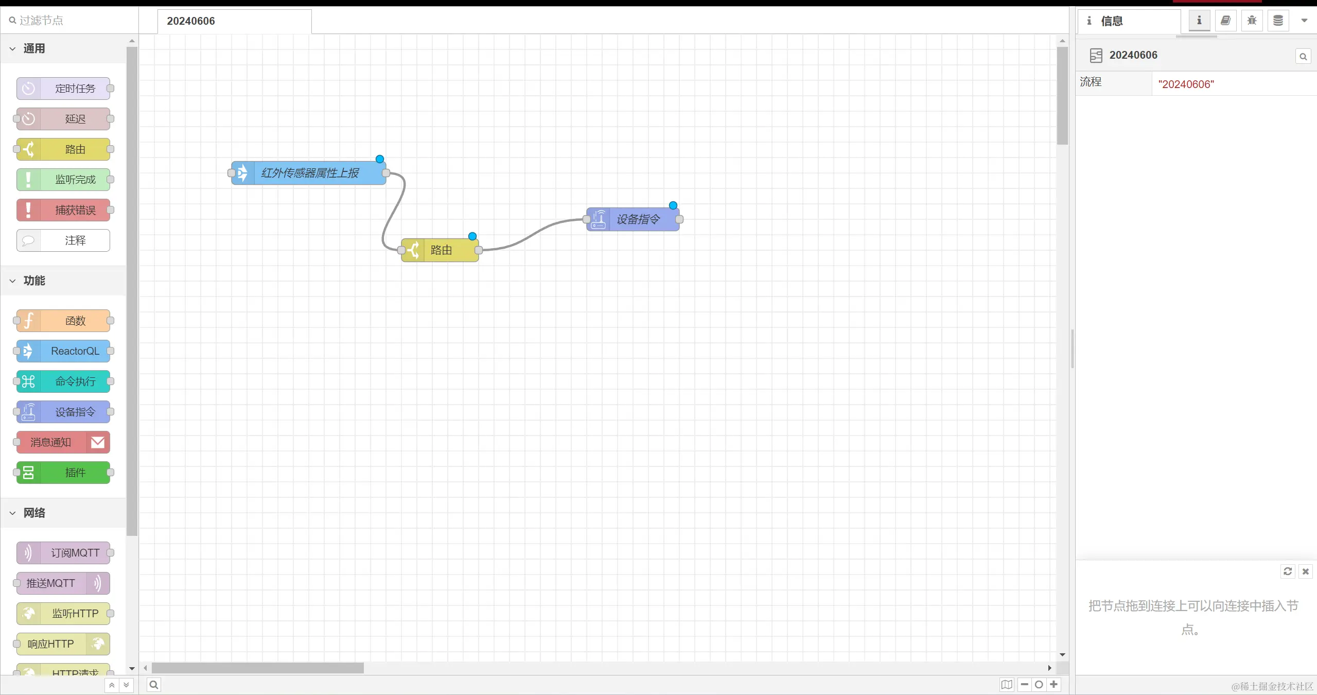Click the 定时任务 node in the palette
click(x=63, y=89)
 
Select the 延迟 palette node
click(x=63, y=119)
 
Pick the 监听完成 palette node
click(x=63, y=180)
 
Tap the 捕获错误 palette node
click(x=63, y=210)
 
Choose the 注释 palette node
click(x=63, y=240)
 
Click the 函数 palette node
click(x=63, y=321)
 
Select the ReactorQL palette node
click(x=63, y=351)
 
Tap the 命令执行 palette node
click(x=63, y=381)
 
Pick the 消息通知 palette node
click(x=63, y=442)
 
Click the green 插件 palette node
click(x=63, y=473)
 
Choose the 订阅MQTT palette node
click(x=63, y=553)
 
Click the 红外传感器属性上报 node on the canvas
click(x=309, y=173)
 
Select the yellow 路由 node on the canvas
click(x=441, y=250)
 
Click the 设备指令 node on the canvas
click(x=633, y=219)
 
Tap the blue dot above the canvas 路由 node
click(x=472, y=236)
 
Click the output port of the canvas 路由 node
click(x=479, y=250)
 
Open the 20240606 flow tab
click(x=234, y=21)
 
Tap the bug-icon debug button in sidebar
click(x=1252, y=21)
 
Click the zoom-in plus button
click(x=1053, y=685)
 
